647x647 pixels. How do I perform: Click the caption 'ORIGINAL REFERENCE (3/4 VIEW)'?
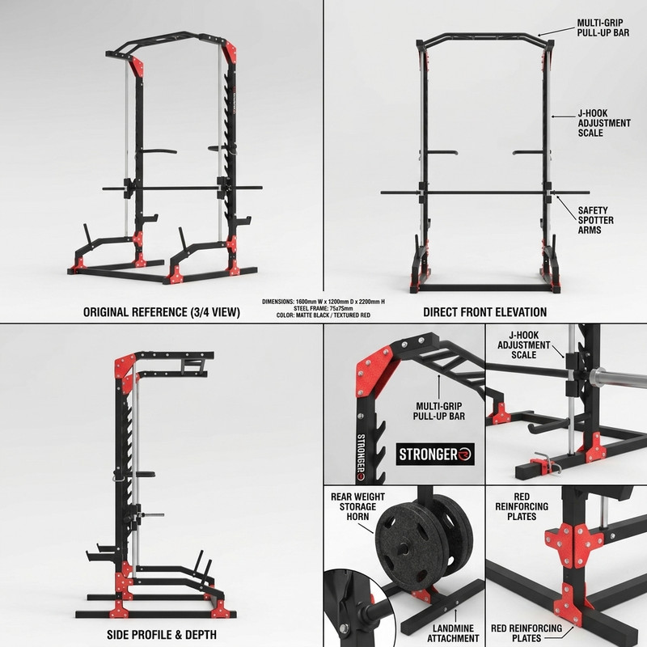click(161, 312)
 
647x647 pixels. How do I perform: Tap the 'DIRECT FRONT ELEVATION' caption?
click(484, 312)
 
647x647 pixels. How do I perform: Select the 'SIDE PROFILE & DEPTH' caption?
click(161, 635)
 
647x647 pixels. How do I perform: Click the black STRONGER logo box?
click(435, 455)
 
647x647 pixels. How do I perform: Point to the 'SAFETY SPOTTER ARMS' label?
click(595, 220)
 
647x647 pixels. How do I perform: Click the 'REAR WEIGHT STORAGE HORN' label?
click(357, 507)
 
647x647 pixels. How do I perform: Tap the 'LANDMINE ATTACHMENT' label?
click(453, 633)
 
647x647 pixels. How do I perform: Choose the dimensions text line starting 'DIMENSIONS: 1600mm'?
click(323, 302)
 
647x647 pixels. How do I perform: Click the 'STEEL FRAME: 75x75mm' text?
click(323, 308)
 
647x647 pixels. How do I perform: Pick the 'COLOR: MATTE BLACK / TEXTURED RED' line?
click(323, 315)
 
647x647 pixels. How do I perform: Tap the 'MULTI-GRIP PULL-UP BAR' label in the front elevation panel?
click(603, 27)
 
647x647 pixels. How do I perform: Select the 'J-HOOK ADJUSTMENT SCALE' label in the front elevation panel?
click(604, 123)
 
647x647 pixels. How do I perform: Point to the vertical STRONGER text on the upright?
click(361, 457)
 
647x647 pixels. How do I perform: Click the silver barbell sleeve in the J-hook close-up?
click(618, 378)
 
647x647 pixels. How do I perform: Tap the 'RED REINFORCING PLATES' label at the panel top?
click(522, 507)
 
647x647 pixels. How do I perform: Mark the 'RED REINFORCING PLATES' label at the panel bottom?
click(526, 633)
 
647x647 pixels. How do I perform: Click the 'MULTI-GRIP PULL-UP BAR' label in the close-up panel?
click(438, 412)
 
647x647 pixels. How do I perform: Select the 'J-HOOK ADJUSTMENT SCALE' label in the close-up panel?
click(523, 345)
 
